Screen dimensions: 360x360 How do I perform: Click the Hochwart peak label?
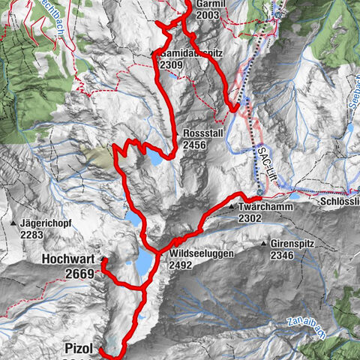click(68, 260)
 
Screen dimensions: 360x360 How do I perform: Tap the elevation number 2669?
click(79, 274)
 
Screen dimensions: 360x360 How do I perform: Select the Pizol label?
click(79, 349)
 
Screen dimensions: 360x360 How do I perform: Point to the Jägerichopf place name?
click(46, 223)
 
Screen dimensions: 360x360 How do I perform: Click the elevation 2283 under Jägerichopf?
click(34, 235)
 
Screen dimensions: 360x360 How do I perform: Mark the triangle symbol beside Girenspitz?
click(265, 244)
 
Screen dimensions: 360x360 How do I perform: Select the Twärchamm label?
click(262, 206)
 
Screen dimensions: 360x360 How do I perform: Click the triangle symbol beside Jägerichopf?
click(13, 223)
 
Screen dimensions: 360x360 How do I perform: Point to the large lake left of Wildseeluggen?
click(141, 264)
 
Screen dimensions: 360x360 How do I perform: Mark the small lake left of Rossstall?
click(154, 159)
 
